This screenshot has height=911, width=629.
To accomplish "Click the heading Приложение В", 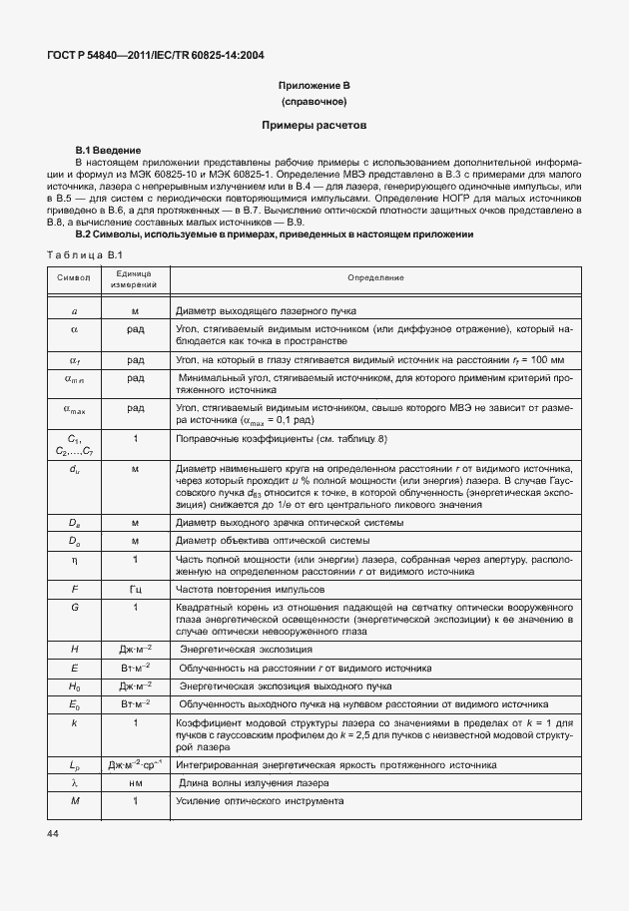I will point(314,88).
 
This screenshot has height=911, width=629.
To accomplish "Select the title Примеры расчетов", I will point(314,127).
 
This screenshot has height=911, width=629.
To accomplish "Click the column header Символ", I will point(74,277).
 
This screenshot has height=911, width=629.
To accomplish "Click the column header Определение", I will point(375,277).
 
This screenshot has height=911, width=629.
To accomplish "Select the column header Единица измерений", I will point(136,278).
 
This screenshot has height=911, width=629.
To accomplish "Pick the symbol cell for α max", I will point(75,409).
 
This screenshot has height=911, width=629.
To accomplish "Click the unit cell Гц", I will point(136,589).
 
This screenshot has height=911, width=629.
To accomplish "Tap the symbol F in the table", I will point(74,589).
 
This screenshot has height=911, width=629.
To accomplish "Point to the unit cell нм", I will point(136,783).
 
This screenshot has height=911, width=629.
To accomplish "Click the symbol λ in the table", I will point(74,783).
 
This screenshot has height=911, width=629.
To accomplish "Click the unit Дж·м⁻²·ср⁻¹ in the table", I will point(136,764).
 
